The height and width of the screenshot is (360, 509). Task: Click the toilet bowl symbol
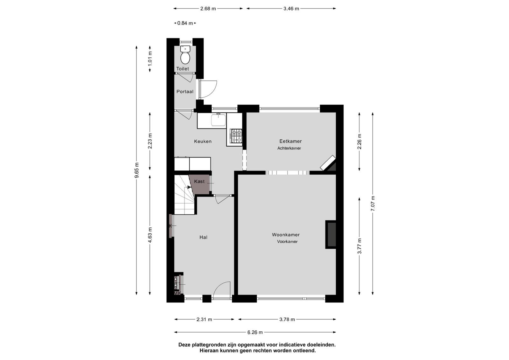pyautogui.click(x=185, y=58)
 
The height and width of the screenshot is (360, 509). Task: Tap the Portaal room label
pyautogui.click(x=185, y=92)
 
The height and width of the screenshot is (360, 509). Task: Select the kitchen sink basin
pyautogui.click(x=218, y=120)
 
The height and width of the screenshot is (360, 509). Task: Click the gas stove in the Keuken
pyautogui.click(x=236, y=136)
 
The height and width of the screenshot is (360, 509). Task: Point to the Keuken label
pyautogui.click(x=203, y=141)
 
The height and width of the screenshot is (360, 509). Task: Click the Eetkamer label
pyautogui.click(x=290, y=141)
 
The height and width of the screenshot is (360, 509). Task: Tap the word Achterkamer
pyautogui.click(x=289, y=148)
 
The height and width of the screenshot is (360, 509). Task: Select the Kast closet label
pyautogui.click(x=199, y=182)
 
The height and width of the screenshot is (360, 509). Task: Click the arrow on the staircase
pyautogui.click(x=189, y=187)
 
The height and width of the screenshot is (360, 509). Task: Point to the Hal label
pyautogui.click(x=203, y=237)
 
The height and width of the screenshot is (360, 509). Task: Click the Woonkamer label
pyautogui.click(x=286, y=235)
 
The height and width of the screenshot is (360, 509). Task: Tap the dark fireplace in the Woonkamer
pyautogui.click(x=331, y=235)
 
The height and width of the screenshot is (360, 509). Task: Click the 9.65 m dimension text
pyautogui.click(x=136, y=170)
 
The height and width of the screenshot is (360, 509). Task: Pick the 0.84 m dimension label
pyautogui.click(x=185, y=23)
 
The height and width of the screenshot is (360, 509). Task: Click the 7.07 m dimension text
pyautogui.click(x=373, y=204)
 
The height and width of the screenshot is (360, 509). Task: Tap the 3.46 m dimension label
pyautogui.click(x=291, y=9)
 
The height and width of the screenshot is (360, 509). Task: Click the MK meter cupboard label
pyautogui.click(x=178, y=293)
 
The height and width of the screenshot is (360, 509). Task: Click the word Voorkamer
pyautogui.click(x=287, y=242)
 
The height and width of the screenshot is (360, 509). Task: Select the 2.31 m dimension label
pyautogui.click(x=204, y=320)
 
